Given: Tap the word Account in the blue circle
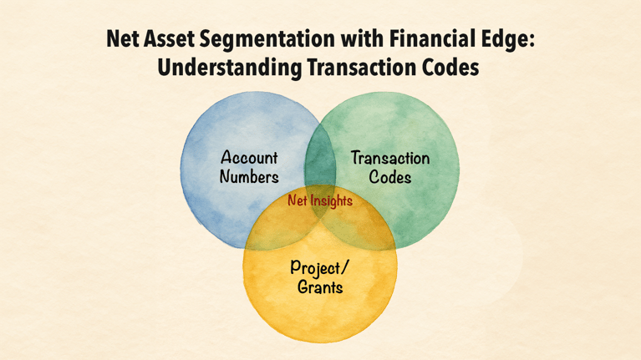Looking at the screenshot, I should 249,157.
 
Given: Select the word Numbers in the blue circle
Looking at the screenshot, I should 249,176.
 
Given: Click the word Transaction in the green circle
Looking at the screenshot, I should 390,158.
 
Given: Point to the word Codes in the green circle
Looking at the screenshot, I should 390,177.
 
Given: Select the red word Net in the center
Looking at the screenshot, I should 298,201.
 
